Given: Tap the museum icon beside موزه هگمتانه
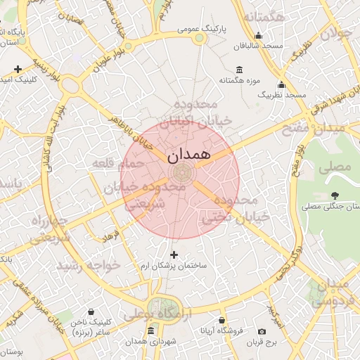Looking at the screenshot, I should [239, 70].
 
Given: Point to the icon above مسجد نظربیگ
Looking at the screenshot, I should [281, 84].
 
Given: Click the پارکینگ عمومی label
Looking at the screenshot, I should [200, 29].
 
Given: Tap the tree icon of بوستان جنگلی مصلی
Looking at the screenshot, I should [333, 196].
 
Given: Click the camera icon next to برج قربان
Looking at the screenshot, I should [262, 331].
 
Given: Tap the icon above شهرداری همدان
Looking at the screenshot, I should [150, 330].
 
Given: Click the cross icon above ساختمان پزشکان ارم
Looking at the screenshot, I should [174, 254].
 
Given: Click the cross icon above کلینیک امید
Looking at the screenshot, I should [18, 69].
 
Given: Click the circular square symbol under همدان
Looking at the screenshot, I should [180, 173].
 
